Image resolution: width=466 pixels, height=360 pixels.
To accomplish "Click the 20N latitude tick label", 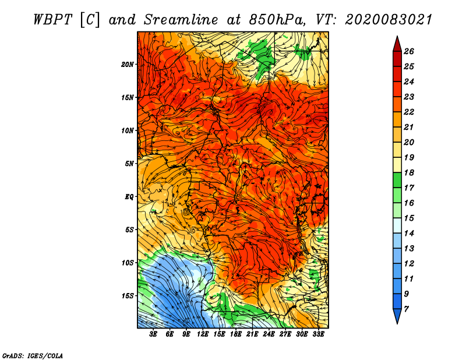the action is pos(127,65).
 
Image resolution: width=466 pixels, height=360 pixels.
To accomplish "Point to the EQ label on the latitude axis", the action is pos(129,197).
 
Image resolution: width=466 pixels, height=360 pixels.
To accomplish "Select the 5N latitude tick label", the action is pos(129,164).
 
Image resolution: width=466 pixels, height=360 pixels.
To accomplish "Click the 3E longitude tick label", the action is pos(153,334).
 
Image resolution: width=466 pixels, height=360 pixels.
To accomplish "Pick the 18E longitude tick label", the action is pos(236,334).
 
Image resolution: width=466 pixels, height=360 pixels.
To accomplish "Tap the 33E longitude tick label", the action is pos(318,334).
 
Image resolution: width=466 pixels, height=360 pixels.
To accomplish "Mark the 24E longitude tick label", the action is pos(269,334).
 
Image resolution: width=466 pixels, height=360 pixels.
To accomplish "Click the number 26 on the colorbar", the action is pos(409,51).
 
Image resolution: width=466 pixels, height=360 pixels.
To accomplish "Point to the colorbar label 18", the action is pos(409,172).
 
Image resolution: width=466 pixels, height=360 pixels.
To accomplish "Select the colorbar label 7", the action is pos(406,309).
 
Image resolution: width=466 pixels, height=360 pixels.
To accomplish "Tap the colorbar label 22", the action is pos(409,112).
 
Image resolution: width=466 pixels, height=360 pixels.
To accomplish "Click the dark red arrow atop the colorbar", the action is pos(397,44).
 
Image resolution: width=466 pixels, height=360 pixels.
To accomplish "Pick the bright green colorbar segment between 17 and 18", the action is pos(397,180).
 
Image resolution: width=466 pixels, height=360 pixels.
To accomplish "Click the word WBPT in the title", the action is pos(52,20).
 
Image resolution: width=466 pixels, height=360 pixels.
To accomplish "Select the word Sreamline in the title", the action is pos(181,20).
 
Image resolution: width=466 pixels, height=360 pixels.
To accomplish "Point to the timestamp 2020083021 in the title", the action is pos(389,20).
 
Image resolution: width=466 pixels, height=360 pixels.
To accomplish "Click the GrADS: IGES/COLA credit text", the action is pos(33,356).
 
